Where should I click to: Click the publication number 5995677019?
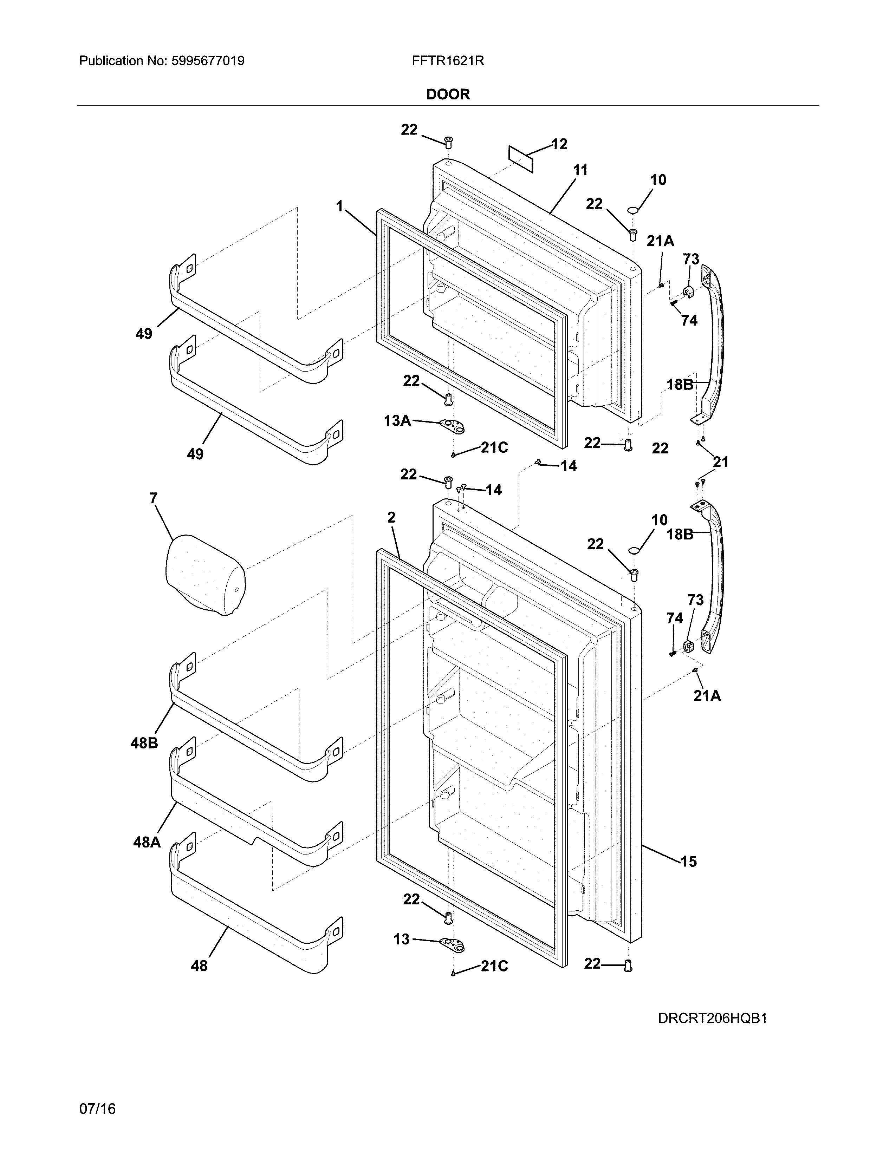208,61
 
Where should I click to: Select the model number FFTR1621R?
447,61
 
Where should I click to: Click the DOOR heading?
448,94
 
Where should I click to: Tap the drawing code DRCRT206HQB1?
712,1019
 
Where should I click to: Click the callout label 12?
559,144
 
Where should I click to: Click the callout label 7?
154,498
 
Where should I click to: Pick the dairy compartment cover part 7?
204,575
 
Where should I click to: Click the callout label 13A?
397,421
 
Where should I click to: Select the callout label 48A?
147,842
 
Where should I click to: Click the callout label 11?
580,170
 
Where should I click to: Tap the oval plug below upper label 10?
633,211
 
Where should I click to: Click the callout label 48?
199,966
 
